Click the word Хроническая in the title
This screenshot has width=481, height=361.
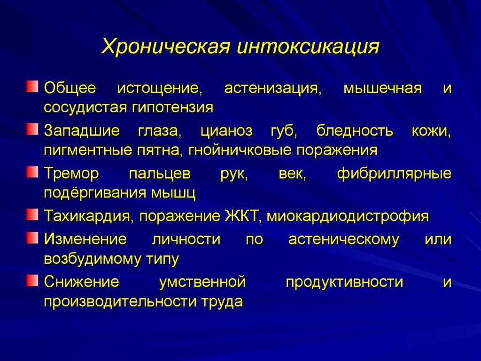coord(166,47)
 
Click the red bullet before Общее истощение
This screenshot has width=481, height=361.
coord(32,86)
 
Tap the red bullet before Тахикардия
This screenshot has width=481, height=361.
coord(32,214)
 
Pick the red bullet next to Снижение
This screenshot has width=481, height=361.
coord(32,280)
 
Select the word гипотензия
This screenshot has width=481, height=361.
coord(173,108)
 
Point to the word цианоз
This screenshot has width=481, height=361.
coord(226,131)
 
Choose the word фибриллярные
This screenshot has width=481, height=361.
coord(394,174)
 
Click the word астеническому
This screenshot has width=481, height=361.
coord(343,240)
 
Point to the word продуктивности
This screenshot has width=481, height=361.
coord(344,283)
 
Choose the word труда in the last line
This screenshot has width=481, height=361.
coord(222,302)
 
